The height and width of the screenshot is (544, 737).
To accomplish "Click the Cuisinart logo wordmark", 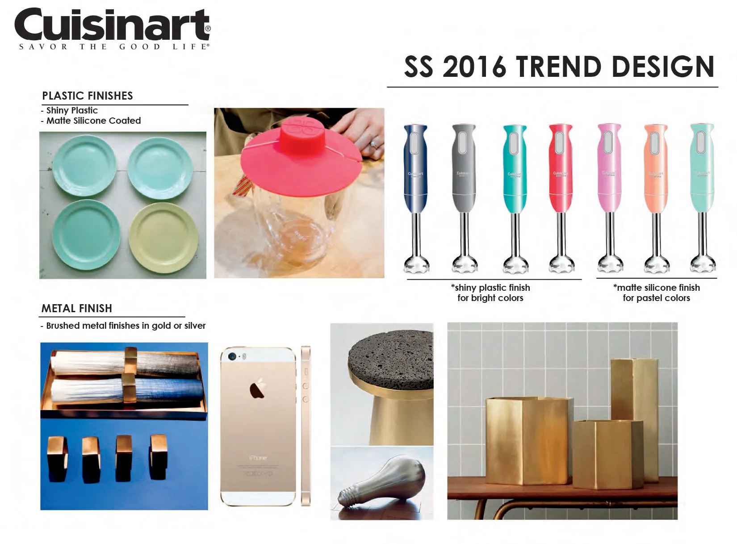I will pyautogui.click(x=112, y=26).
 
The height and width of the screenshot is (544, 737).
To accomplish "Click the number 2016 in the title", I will pyautogui.click(x=474, y=67).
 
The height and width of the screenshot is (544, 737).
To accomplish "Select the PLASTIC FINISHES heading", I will pyautogui.click(x=88, y=96).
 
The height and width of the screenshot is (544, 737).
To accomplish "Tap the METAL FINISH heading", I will pyautogui.click(x=77, y=309).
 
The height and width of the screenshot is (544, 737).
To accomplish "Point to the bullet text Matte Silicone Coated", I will pyautogui.click(x=93, y=121).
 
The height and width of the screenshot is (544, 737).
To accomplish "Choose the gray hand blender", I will pyautogui.click(x=464, y=170).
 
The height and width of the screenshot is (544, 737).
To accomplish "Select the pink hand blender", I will pyautogui.click(x=609, y=170).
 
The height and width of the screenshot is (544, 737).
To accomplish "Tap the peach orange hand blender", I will pyautogui.click(x=656, y=170).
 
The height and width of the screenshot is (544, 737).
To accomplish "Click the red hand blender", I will pyautogui.click(x=561, y=170).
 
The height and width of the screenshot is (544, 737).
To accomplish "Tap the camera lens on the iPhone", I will pyautogui.click(x=232, y=356).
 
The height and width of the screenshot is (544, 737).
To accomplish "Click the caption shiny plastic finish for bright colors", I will pyautogui.click(x=490, y=293).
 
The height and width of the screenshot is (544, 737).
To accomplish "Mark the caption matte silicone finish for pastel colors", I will pyautogui.click(x=656, y=293).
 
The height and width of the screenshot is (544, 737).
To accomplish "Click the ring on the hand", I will pyautogui.click(x=374, y=144).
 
